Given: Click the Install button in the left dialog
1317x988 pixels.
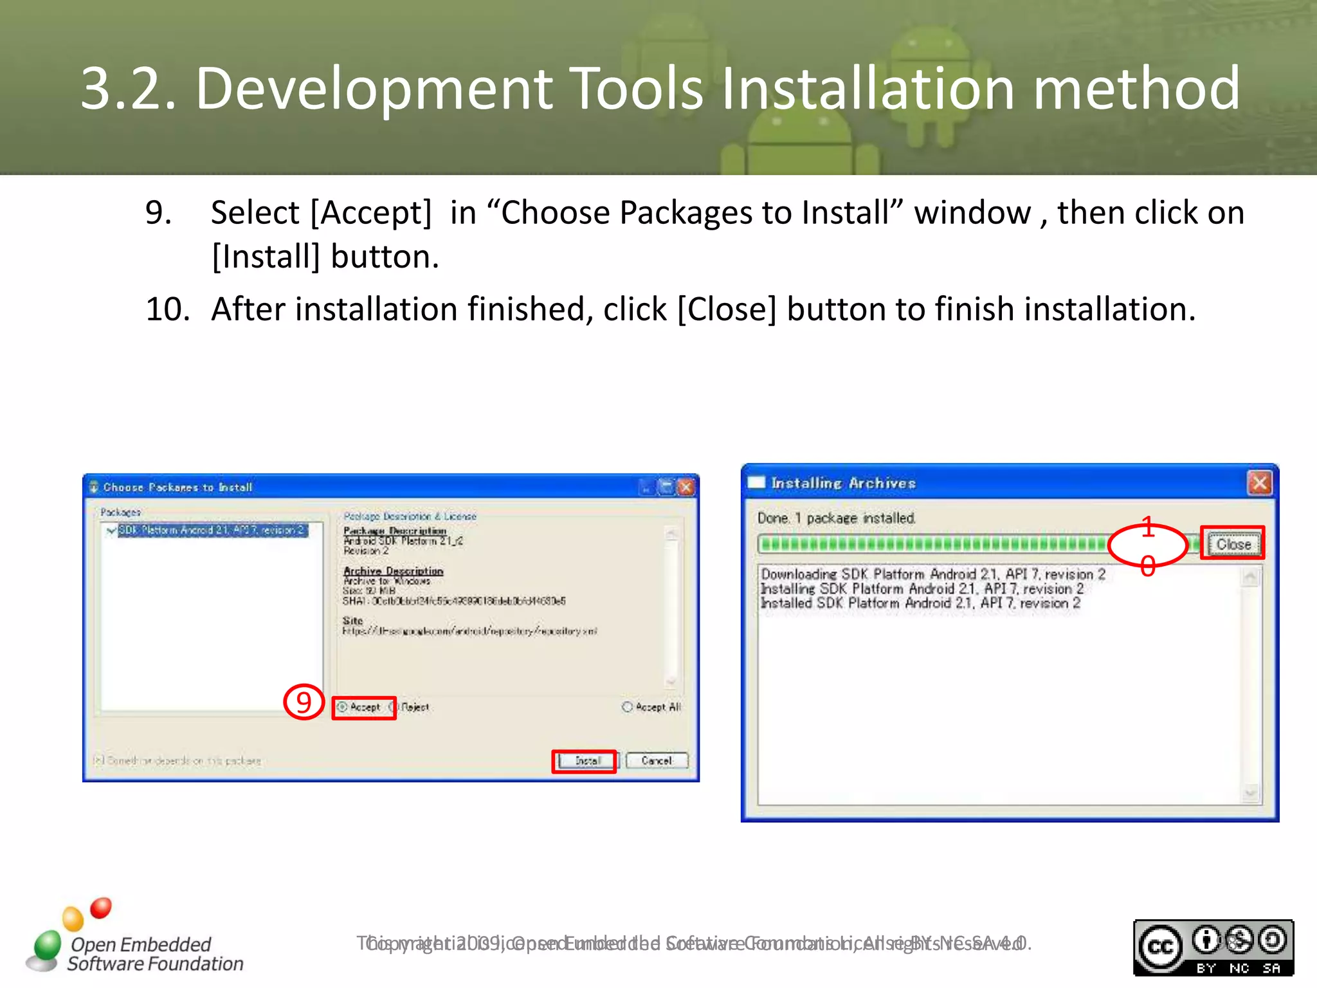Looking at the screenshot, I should [586, 761].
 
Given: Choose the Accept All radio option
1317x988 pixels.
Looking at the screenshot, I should [628, 707].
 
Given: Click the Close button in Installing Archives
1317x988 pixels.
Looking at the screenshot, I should [1233, 544].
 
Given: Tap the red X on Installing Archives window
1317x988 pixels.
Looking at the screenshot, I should [1259, 482].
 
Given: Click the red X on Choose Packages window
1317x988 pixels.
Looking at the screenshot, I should [687, 487].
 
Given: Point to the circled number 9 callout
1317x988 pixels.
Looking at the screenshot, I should [304, 702].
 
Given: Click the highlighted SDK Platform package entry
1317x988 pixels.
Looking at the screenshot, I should [212, 530].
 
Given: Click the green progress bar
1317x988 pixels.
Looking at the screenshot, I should [932, 544].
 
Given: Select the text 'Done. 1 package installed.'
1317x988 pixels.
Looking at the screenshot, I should [836, 518].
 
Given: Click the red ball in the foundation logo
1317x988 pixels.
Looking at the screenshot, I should [101, 908].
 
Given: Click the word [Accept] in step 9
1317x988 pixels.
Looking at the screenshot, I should [371, 212].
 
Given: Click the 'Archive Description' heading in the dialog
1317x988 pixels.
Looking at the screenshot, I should [393, 571].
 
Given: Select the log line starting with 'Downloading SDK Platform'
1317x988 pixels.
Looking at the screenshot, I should [932, 574].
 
